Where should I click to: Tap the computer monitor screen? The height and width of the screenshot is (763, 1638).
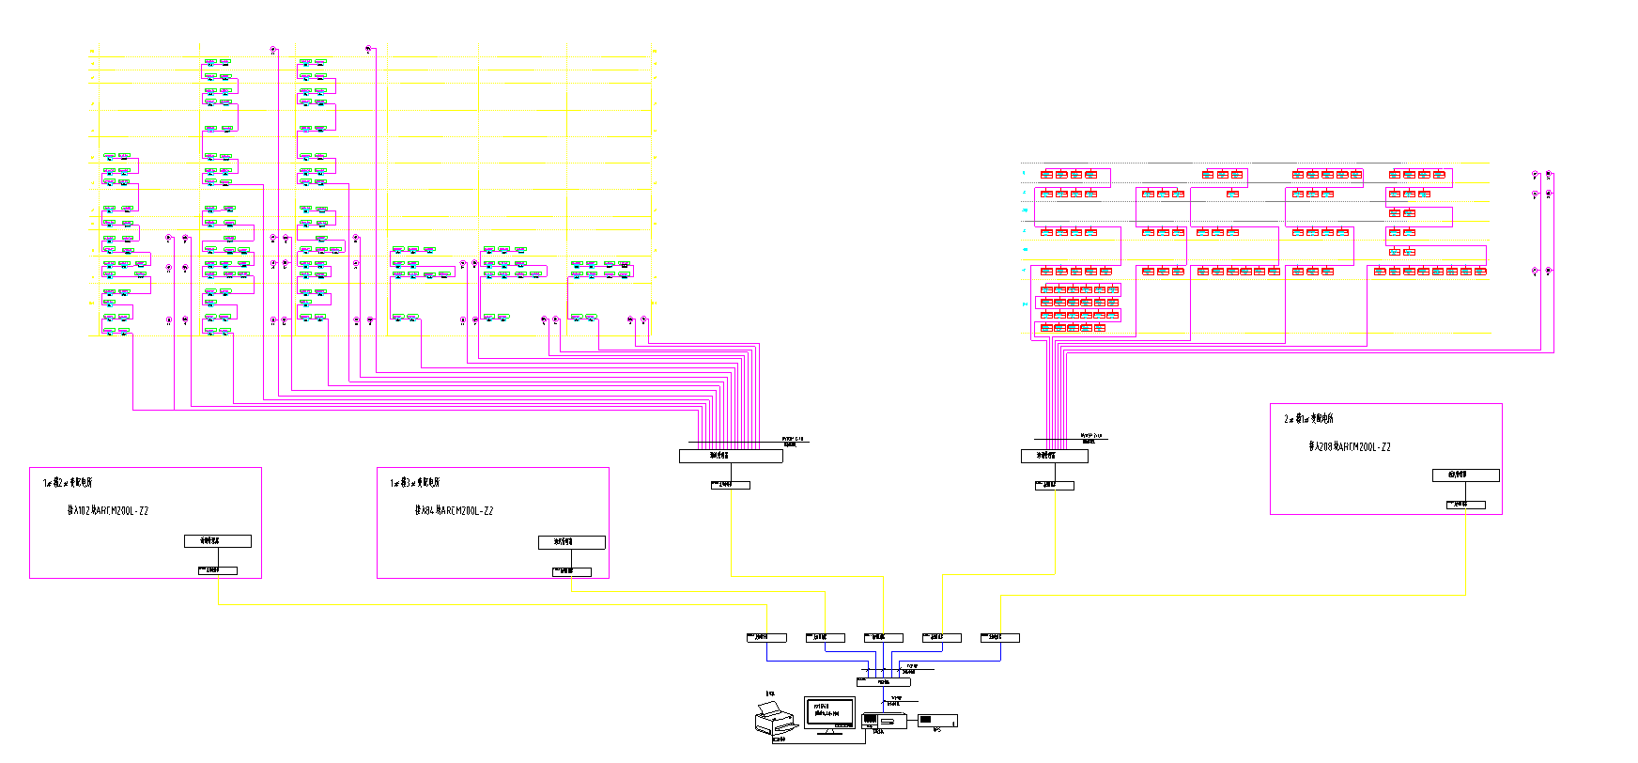829,710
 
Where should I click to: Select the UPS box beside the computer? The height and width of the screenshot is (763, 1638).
936,721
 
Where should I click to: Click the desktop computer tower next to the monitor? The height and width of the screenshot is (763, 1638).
884,721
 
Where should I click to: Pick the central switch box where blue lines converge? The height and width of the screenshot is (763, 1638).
883,681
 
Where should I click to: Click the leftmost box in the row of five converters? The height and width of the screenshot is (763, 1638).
766,638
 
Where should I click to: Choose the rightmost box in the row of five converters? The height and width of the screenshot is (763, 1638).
999,638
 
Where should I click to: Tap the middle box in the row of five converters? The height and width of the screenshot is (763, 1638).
883,638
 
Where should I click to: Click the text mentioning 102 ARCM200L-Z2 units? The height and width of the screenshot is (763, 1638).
108,511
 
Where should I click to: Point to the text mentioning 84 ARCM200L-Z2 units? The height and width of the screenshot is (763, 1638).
454,511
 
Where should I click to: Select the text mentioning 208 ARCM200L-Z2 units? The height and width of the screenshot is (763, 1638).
1350,447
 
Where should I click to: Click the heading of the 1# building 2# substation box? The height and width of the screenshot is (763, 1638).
68,483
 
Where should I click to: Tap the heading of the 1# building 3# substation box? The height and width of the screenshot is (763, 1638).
415,483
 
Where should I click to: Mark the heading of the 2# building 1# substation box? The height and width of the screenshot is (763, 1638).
1308,419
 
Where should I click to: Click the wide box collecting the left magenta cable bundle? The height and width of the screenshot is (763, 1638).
731,456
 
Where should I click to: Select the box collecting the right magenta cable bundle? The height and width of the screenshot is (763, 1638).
1054,456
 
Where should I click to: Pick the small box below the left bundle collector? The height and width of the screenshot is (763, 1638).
731,485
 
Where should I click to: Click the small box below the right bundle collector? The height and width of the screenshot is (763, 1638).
1054,485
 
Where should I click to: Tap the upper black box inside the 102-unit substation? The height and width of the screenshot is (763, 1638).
218,541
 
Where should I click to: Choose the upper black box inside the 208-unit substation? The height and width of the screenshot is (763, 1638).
1465,475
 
